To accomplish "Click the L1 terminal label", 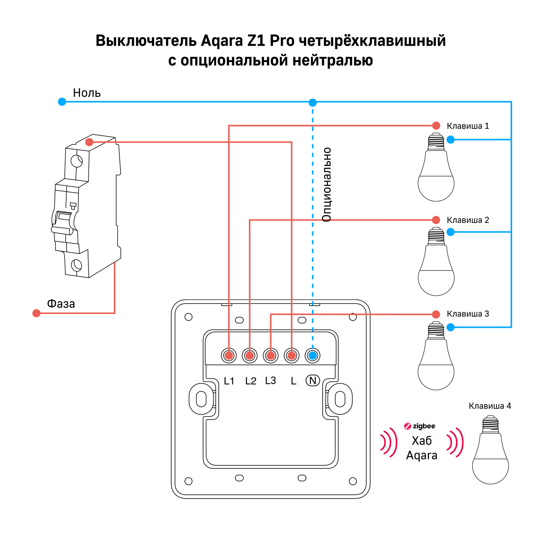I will tap(229, 381).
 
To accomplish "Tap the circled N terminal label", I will tap(312, 380).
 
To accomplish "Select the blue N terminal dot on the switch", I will tap(312, 355).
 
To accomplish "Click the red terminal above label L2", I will tap(250, 355).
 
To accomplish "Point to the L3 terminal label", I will tap(270, 380).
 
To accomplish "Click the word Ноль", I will tap(87, 93).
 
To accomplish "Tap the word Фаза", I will tap(61, 304).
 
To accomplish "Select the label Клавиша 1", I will tap(468, 126).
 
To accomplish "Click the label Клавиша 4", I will tap(490, 406).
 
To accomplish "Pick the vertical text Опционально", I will tap(327, 185).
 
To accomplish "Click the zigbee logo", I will tap(420, 426).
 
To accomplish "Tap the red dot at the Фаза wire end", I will tap(36, 313).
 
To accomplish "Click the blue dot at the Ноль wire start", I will tap(62, 102).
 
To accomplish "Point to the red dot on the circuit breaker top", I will tap(89, 142).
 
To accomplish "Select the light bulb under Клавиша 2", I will tap(436, 262).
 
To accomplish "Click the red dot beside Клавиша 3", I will tap(436, 314).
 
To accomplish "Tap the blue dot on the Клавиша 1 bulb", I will tap(450, 139).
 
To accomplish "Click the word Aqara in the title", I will tap(222, 41).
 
